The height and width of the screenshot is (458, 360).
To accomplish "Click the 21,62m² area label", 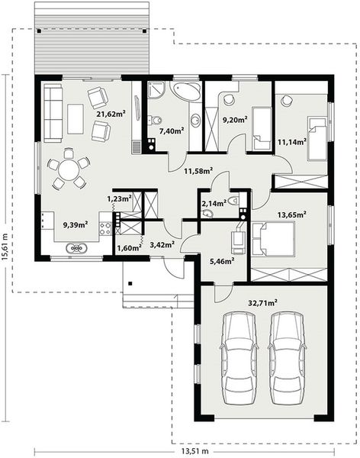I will [x=111, y=114].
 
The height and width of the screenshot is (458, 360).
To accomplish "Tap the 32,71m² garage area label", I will [x=262, y=303].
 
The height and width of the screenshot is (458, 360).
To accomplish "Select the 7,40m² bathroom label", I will [x=171, y=131].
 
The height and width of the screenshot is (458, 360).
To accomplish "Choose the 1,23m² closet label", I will [x=119, y=198].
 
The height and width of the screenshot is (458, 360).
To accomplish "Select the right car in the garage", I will [x=287, y=357].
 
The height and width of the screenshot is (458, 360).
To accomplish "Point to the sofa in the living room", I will [x=53, y=112].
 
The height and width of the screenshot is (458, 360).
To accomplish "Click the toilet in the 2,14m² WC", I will [x=235, y=202].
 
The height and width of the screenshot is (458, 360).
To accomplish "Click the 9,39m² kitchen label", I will [x=75, y=224].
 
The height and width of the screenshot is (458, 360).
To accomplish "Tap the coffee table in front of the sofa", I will [x=76, y=118].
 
